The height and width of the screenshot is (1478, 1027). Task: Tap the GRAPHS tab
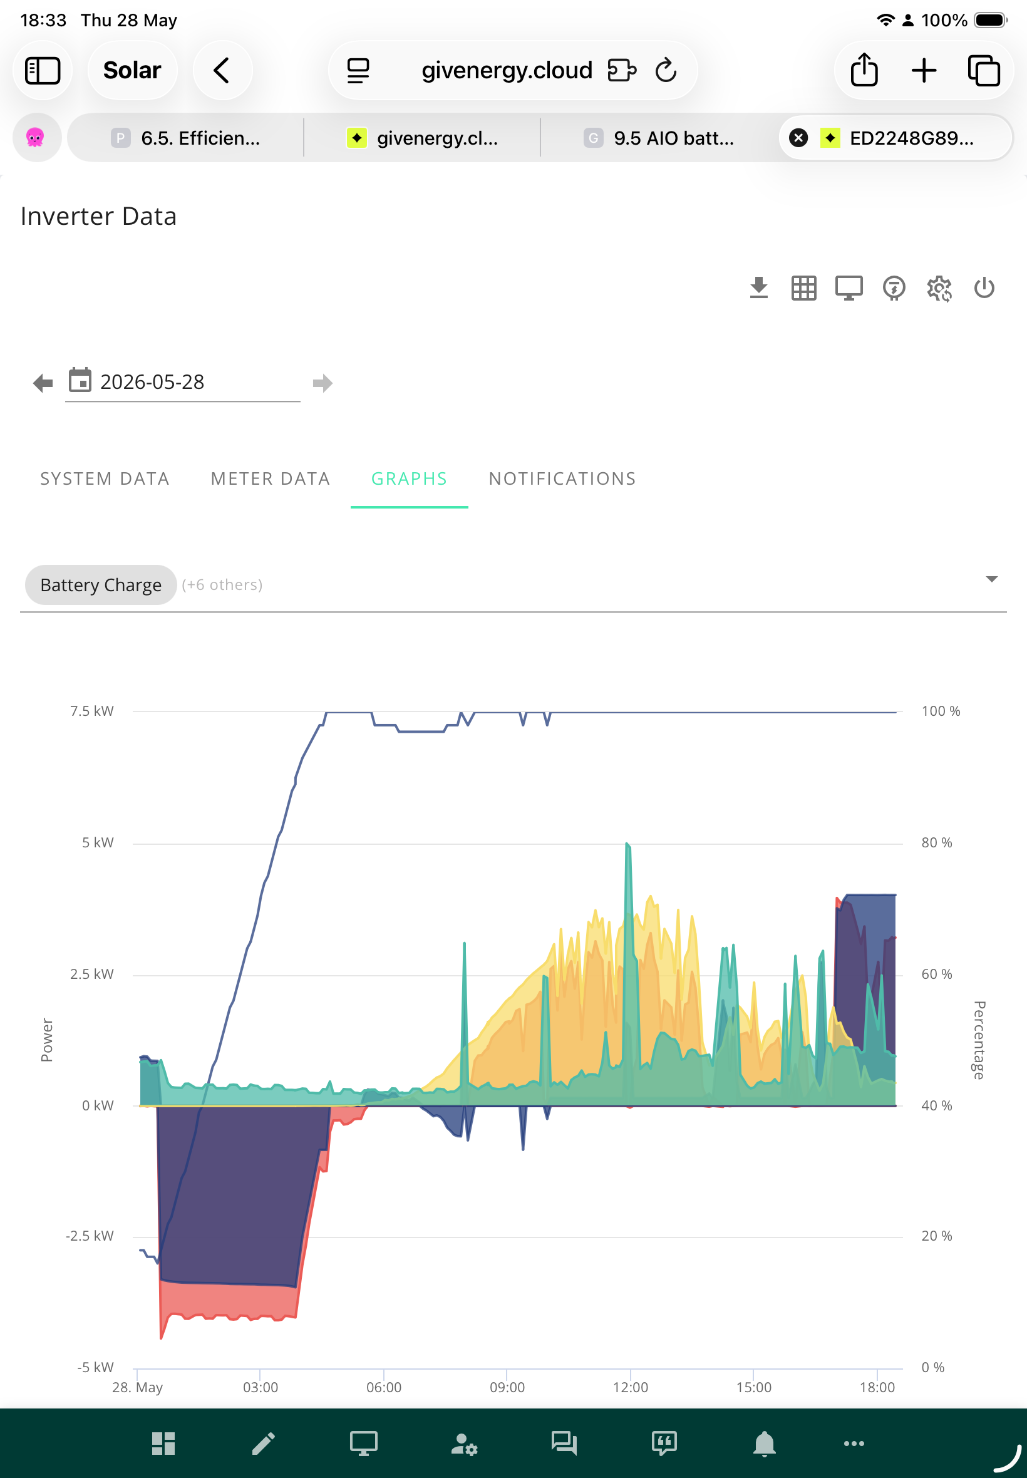click(410, 478)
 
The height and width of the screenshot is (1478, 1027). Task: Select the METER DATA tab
click(271, 478)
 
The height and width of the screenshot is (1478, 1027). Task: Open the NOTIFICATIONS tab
click(562, 478)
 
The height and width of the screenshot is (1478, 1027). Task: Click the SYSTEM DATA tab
click(105, 478)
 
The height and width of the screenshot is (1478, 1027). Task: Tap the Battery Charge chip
click(100, 585)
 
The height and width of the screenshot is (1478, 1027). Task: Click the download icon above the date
click(760, 287)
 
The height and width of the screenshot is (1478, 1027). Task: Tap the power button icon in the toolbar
click(984, 287)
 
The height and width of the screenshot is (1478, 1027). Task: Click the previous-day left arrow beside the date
click(43, 383)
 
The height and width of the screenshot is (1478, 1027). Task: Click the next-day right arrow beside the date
click(323, 383)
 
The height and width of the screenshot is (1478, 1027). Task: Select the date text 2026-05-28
click(152, 382)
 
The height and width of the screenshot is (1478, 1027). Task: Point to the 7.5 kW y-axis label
click(91, 711)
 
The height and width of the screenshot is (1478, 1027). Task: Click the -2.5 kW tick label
click(90, 1236)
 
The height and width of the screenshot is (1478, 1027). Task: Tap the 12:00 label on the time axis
click(631, 1387)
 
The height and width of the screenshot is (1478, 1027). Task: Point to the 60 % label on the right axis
click(937, 974)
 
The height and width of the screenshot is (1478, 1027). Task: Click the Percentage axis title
click(979, 1040)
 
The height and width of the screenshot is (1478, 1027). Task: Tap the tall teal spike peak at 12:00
click(627, 843)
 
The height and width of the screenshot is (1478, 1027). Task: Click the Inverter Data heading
click(98, 216)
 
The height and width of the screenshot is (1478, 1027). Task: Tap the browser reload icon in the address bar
click(666, 70)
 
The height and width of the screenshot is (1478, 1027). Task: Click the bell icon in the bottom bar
click(765, 1444)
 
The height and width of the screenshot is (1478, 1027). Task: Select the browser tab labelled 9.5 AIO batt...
click(659, 138)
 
